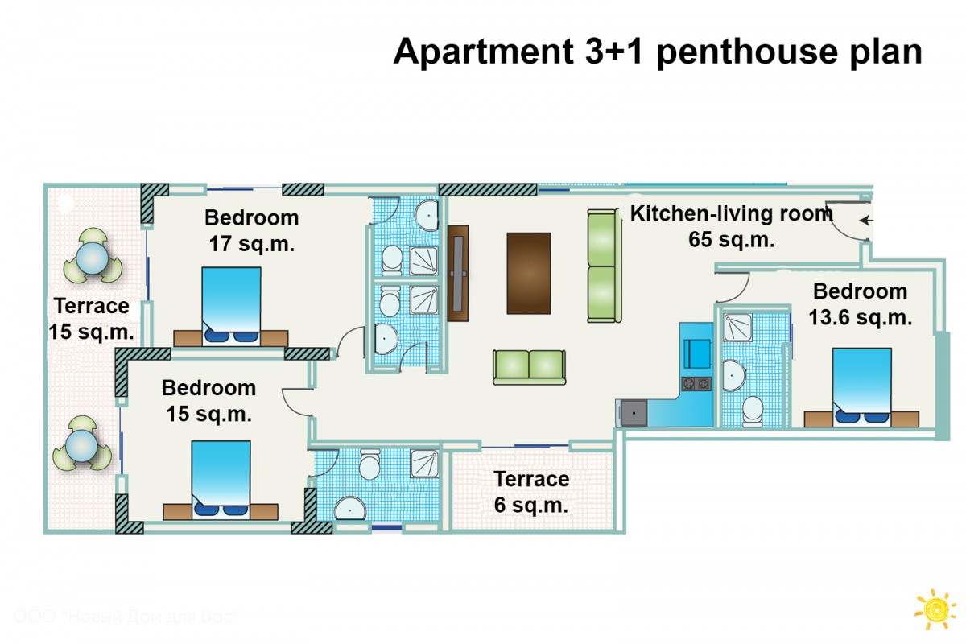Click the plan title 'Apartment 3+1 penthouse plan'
tap(658, 52)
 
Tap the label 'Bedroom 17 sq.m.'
tap(252, 231)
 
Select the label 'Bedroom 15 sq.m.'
tap(209, 401)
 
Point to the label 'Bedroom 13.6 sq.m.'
tap(861, 304)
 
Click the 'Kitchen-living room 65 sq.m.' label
tap(732, 226)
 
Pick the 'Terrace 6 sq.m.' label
tap(531, 492)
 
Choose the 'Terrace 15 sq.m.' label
tap(91, 319)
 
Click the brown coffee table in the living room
tap(529, 274)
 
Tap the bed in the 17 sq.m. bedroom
tap(231, 307)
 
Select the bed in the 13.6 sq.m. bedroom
tap(861, 388)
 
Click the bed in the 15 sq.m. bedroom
tap(221, 480)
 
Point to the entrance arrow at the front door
tap(866, 221)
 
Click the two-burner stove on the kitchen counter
tap(696, 383)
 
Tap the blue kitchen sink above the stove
tap(697, 353)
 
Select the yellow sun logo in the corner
tap(935, 609)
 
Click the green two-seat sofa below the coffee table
tap(529, 367)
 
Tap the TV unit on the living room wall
tap(458, 274)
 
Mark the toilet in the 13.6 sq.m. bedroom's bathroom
tap(753, 411)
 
